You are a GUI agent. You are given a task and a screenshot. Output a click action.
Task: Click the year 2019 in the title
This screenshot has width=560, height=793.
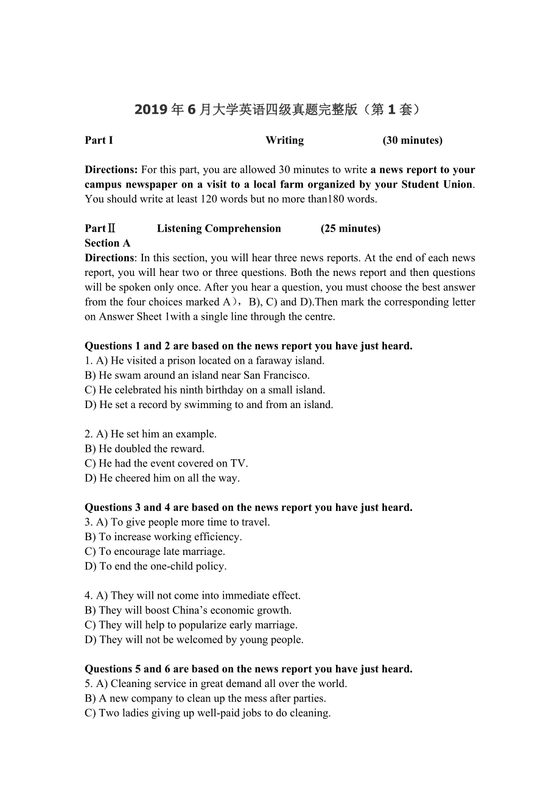(151, 110)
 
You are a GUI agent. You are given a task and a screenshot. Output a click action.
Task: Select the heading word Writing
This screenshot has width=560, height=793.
(285, 141)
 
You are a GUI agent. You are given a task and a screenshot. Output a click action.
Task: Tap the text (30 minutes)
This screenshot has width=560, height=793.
(413, 141)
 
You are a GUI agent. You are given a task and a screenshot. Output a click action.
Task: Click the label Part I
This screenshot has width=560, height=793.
(99, 141)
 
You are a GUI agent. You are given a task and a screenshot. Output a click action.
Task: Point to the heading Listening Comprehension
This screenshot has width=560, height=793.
(219, 229)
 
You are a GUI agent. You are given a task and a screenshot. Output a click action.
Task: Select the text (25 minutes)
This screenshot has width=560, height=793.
(351, 229)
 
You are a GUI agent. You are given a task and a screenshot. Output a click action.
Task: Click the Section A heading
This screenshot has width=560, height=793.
(108, 244)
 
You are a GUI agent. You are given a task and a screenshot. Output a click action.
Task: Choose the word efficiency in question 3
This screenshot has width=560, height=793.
(217, 537)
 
